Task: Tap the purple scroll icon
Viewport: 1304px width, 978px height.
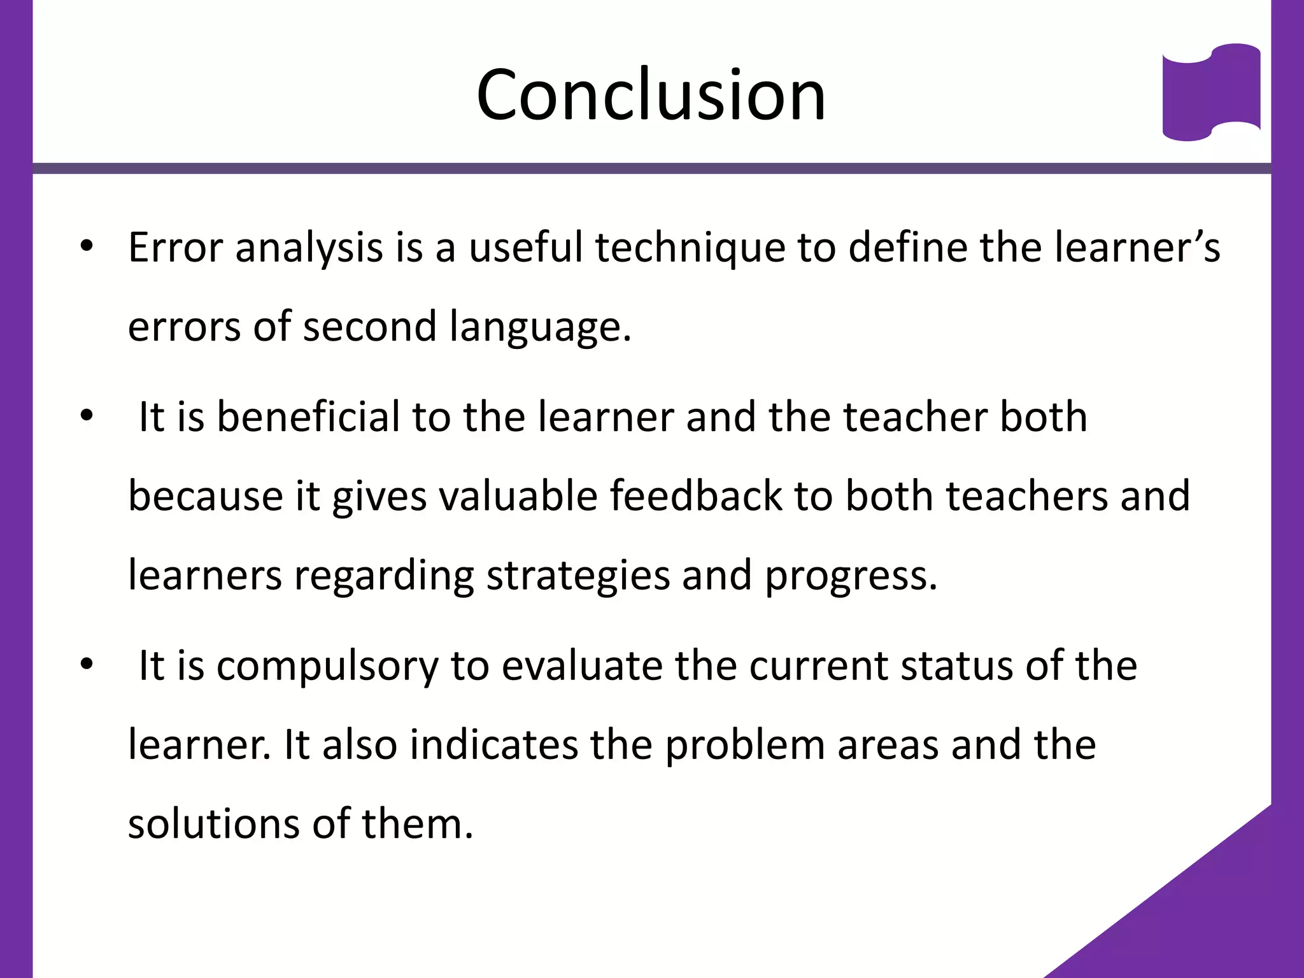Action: pyautogui.click(x=1211, y=93)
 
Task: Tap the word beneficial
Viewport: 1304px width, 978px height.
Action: pyautogui.click(x=308, y=417)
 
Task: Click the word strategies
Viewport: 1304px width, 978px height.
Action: pyautogui.click(x=578, y=575)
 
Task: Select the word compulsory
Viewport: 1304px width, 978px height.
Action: pyautogui.click(x=327, y=667)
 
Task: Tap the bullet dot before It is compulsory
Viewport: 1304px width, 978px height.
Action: pyautogui.click(x=87, y=665)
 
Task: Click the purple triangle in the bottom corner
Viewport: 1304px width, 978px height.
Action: pyautogui.click(x=1210, y=917)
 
